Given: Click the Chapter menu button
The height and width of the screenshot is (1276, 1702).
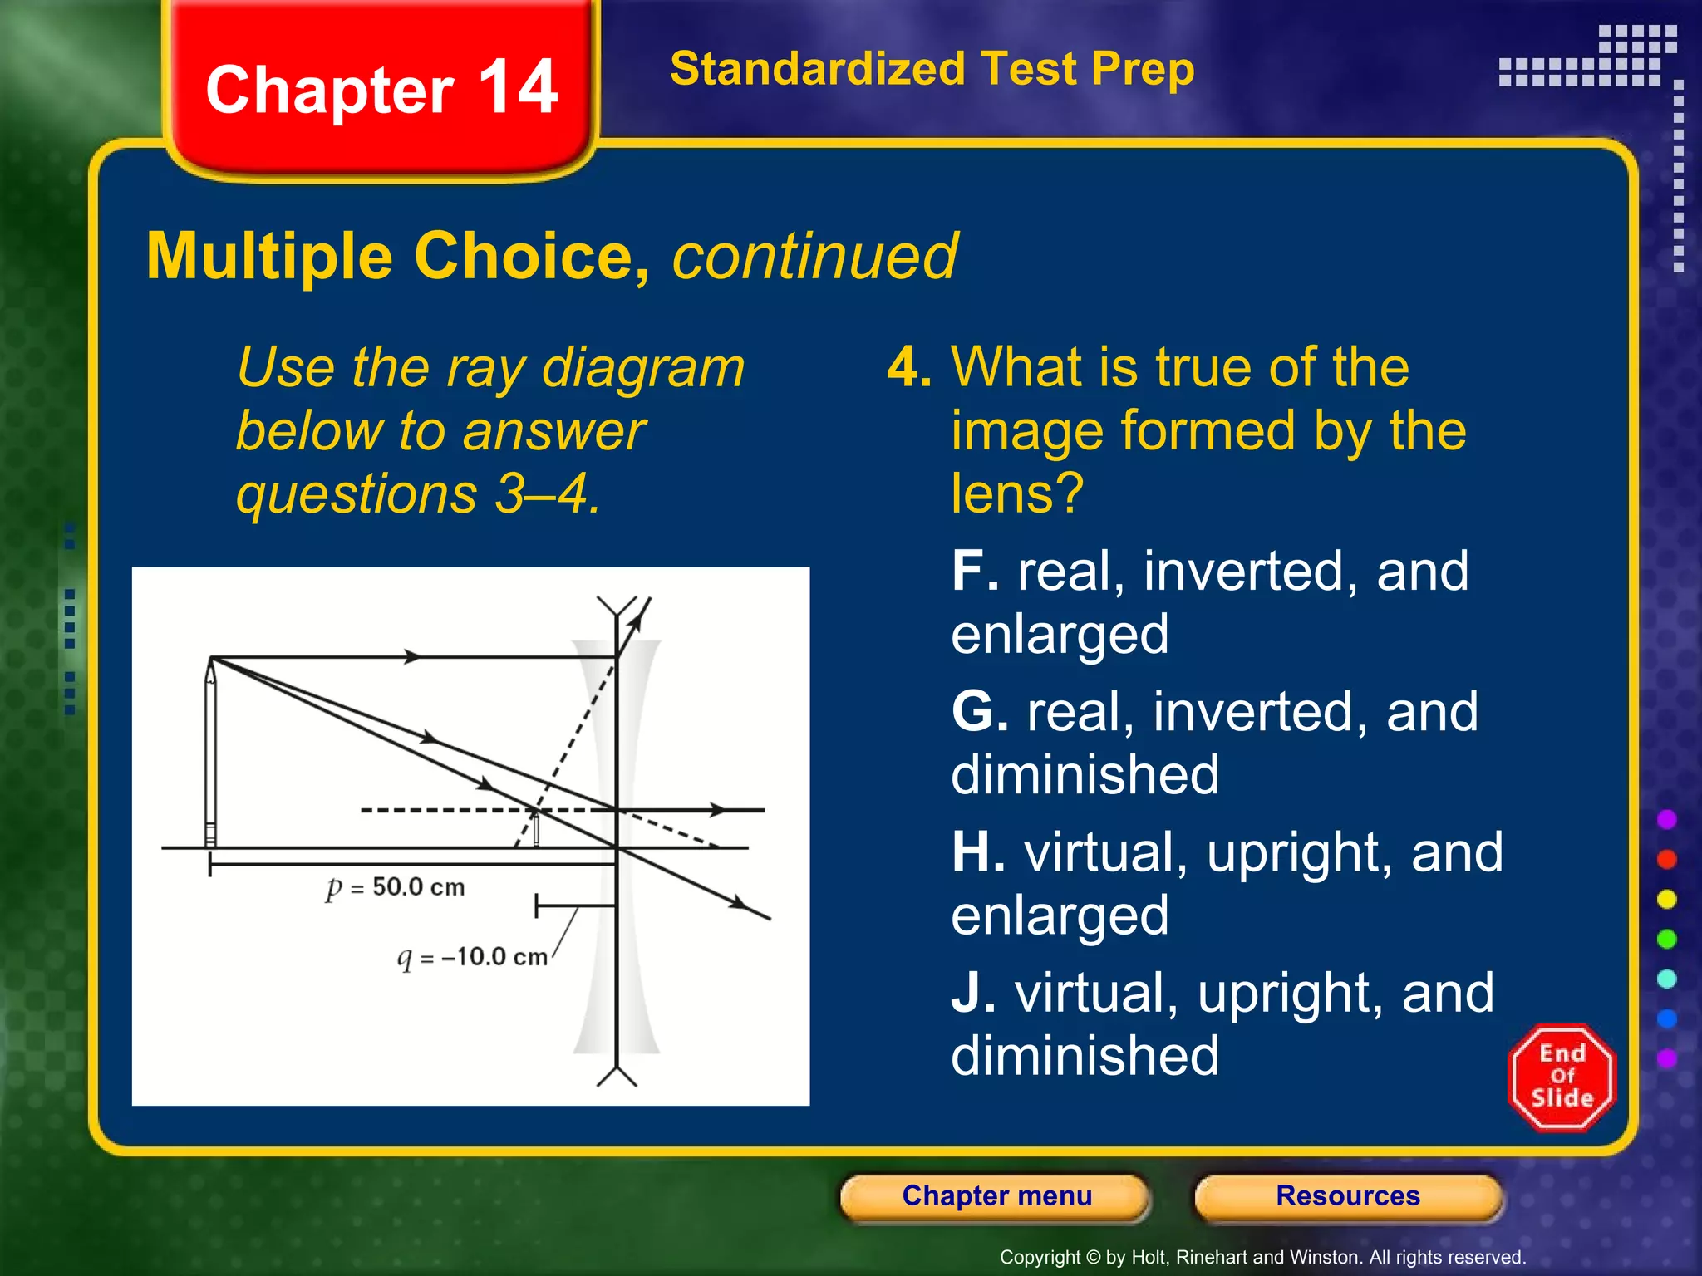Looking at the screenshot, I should (996, 1196).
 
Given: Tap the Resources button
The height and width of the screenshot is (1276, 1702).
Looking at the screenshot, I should (1347, 1196).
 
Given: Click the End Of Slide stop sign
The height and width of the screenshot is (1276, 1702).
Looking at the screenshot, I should (1562, 1077).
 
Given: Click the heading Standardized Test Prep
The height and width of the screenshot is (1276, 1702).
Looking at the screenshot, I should (932, 69).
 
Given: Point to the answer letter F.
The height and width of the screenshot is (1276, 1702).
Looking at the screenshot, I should (974, 572).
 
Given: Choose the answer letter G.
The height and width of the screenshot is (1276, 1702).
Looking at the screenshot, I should (979, 712).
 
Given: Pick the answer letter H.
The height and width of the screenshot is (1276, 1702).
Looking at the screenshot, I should (977, 852).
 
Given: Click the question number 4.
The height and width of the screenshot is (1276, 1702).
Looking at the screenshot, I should (908, 367).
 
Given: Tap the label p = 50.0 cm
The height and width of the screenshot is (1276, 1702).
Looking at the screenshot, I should (396, 887).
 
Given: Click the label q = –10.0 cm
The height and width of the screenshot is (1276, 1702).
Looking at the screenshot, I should (472, 958).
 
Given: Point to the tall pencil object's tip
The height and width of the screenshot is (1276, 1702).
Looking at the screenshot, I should (211, 660).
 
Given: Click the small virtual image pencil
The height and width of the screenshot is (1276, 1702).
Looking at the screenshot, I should (536, 828).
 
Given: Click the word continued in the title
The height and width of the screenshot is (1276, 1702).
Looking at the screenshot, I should (814, 256).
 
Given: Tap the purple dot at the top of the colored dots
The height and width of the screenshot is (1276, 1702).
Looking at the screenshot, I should (1666, 820).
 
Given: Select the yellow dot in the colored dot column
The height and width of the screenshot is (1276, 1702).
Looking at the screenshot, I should (1666, 900).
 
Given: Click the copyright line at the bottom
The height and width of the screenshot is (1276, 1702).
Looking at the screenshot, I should (1262, 1257).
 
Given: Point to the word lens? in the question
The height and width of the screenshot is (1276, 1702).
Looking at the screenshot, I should (1017, 493).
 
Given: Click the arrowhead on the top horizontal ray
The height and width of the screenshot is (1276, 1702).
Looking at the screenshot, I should (412, 656).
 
